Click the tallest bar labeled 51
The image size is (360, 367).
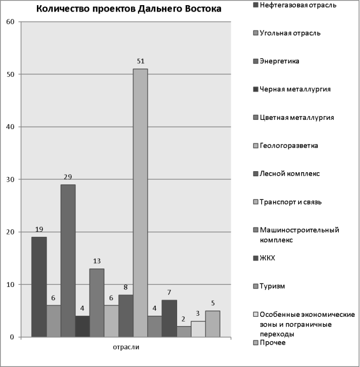coord(140,203)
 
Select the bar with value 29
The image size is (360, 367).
coord(68,261)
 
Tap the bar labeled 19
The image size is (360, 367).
coord(39,287)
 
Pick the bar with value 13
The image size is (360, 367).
coord(97,303)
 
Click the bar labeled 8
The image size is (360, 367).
coord(126,316)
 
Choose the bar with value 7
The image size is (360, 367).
coord(169,319)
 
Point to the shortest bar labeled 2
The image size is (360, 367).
coord(184,332)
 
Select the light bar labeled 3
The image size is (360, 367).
coord(198,329)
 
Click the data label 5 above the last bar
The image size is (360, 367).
coord(213,303)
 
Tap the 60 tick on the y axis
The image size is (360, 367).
coord(10,22)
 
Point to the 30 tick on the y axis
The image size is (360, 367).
coord(10,180)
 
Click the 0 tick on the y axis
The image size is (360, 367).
coord(12,337)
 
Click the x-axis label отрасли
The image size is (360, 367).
coord(126,347)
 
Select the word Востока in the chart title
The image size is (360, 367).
coord(203,9)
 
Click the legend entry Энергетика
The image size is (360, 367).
coord(276,61)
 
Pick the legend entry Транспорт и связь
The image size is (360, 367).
coord(287,202)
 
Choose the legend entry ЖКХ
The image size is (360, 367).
coord(264,258)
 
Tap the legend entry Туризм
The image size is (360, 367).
coord(269,286)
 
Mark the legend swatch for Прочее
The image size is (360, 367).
coord(256,343)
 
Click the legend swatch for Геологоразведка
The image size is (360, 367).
coord(256,146)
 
